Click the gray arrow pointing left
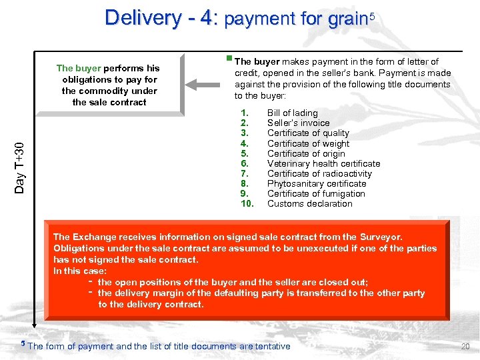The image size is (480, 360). (x=207, y=84)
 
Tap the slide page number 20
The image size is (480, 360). (x=465, y=347)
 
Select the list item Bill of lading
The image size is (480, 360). (x=292, y=113)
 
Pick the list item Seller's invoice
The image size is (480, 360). (x=298, y=123)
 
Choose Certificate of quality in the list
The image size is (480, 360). (x=308, y=133)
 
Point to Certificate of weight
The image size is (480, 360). (x=308, y=143)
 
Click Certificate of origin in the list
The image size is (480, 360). (x=306, y=153)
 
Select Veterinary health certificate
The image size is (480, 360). (x=323, y=163)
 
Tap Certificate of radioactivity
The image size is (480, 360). (x=319, y=173)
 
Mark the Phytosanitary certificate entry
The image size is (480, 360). (x=317, y=183)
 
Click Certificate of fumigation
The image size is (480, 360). (x=316, y=193)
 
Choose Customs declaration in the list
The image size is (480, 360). (x=309, y=203)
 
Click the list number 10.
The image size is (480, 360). (x=247, y=203)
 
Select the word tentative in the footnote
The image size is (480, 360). (x=271, y=347)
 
